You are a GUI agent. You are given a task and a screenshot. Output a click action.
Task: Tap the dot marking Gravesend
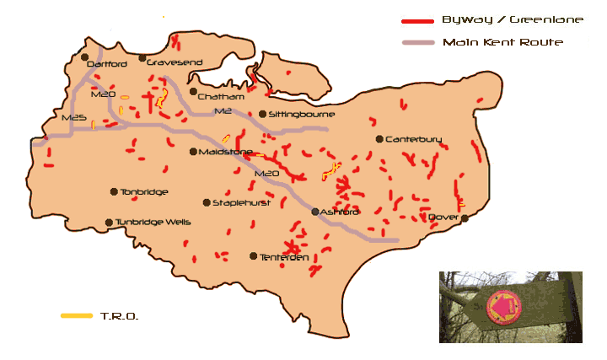pos(142,61)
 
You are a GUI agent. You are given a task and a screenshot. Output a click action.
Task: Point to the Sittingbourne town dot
pos(262,114)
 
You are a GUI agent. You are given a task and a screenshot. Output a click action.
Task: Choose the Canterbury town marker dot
pos(379,139)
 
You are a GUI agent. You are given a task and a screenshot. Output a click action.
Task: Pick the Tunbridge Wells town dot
pos(109,223)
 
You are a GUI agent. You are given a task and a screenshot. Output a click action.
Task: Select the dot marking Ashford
pos(315,212)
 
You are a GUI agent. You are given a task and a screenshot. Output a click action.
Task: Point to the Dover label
pos(443,218)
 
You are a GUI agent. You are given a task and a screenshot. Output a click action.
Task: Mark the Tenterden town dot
pos(254,255)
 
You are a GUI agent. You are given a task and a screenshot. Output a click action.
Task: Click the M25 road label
pos(74,119)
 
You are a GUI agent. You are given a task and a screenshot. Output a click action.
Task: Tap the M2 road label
pos(223,111)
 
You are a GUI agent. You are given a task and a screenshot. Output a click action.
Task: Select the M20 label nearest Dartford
pos(102,95)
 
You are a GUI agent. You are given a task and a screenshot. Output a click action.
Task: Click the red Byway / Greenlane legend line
pos(416,20)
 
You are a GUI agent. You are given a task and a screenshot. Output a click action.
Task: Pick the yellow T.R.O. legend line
pos(77,316)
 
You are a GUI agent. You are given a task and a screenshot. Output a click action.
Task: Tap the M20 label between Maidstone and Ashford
pos(266,174)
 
